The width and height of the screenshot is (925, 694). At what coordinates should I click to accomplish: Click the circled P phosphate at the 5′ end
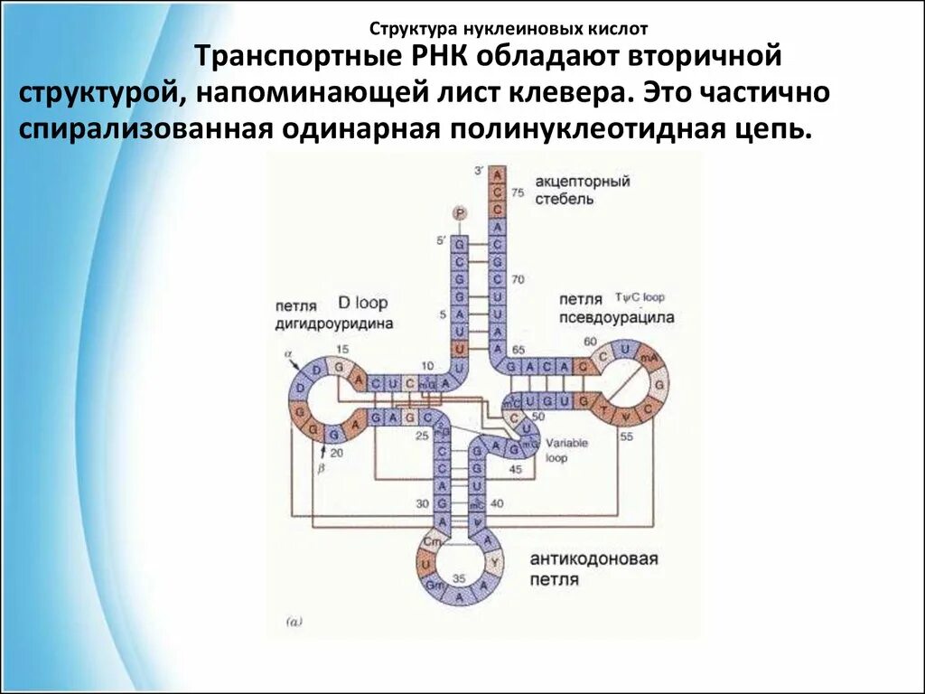[460, 212]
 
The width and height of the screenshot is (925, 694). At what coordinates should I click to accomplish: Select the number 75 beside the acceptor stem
[518, 192]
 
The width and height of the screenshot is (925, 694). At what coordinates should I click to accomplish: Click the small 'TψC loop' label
[639, 296]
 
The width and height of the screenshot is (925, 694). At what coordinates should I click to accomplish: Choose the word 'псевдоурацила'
[616, 317]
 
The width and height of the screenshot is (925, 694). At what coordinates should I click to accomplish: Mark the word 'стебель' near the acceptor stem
[564, 199]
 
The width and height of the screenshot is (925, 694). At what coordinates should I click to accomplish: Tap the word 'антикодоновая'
[593, 558]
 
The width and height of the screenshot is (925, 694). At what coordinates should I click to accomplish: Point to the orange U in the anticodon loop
[424, 562]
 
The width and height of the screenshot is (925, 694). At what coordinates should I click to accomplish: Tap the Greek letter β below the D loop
[320, 466]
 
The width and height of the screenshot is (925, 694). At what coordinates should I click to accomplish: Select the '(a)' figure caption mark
[296, 622]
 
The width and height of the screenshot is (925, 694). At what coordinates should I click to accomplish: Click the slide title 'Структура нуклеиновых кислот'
[509, 29]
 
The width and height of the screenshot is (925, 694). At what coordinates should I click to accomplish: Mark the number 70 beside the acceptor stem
[518, 279]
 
